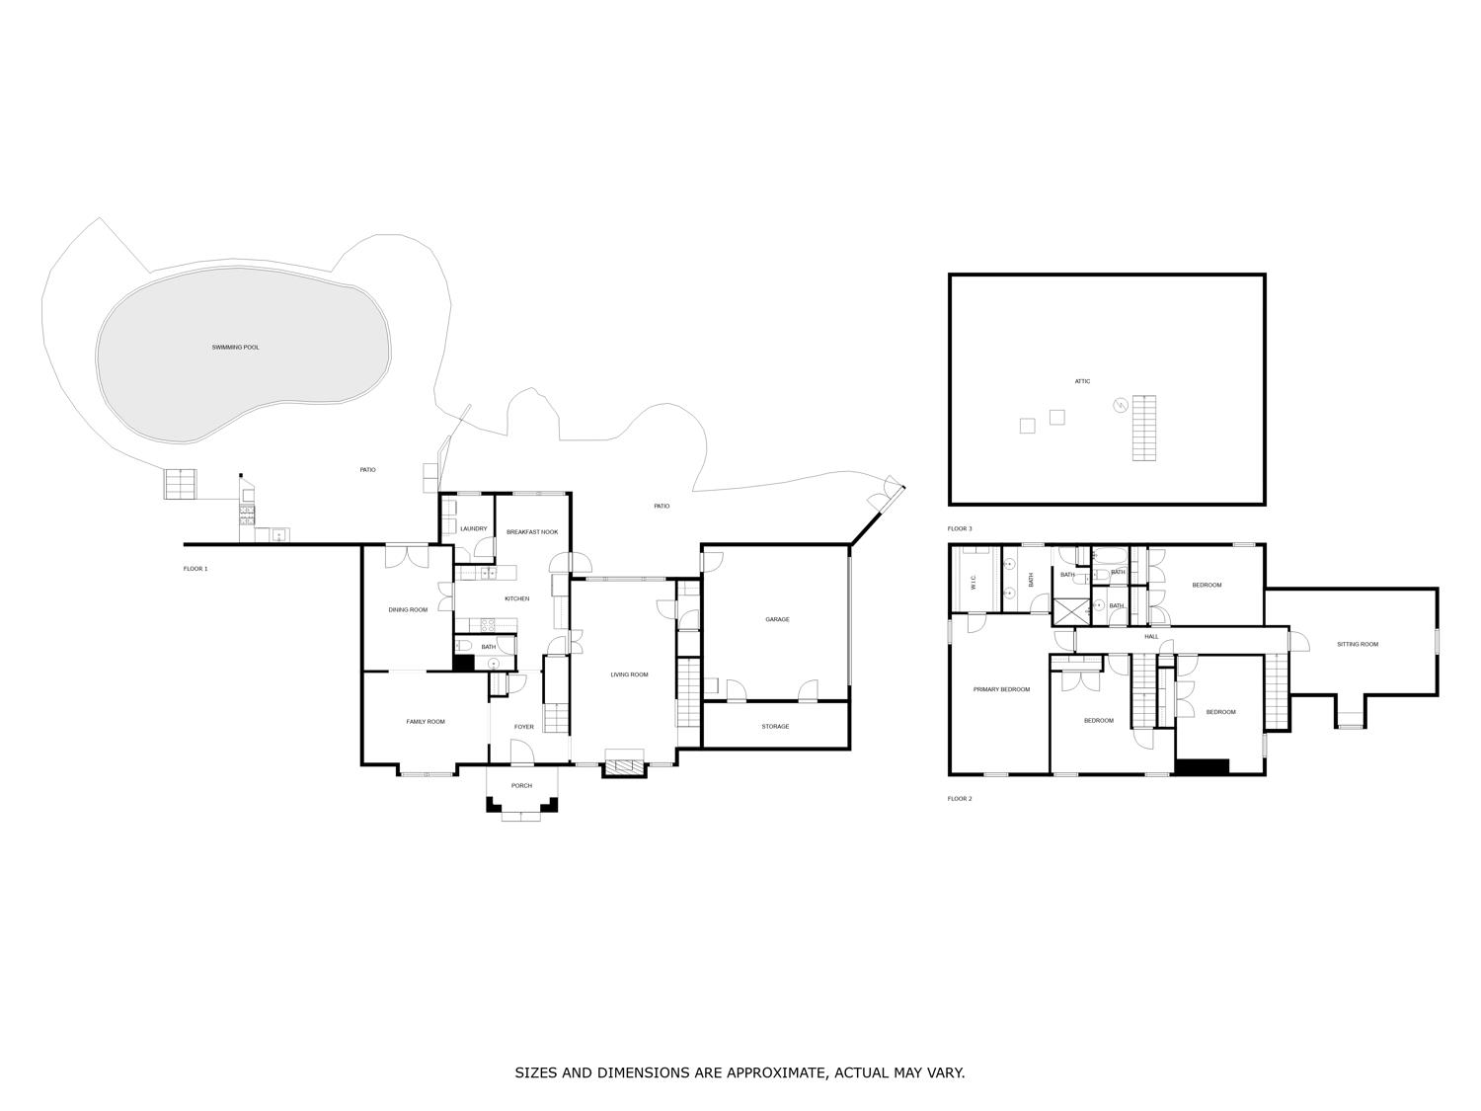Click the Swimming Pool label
[x=235, y=348]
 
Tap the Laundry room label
[x=474, y=529]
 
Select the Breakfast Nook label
[x=532, y=532]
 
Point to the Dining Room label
[x=408, y=610]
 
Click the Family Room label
[x=426, y=722]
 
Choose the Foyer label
[x=524, y=727]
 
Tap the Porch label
[x=521, y=786]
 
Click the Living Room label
[x=629, y=675]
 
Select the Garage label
[x=777, y=619]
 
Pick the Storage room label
[x=775, y=727]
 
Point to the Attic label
[x=1083, y=381]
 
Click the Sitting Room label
[x=1358, y=645]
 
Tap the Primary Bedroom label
[x=1001, y=689]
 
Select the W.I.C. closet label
[x=974, y=584]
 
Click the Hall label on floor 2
[x=1151, y=637]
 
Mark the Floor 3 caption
[x=960, y=529]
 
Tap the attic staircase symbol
[x=1143, y=428]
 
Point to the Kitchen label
[x=516, y=598]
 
